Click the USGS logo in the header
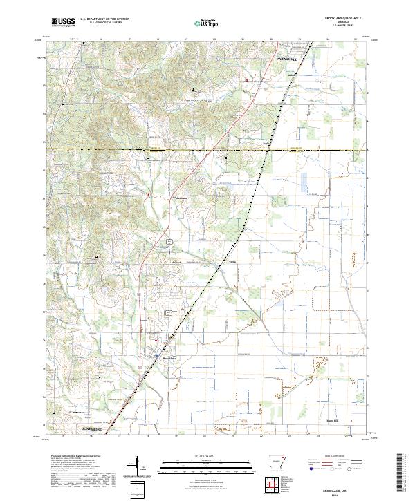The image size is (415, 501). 63,22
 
